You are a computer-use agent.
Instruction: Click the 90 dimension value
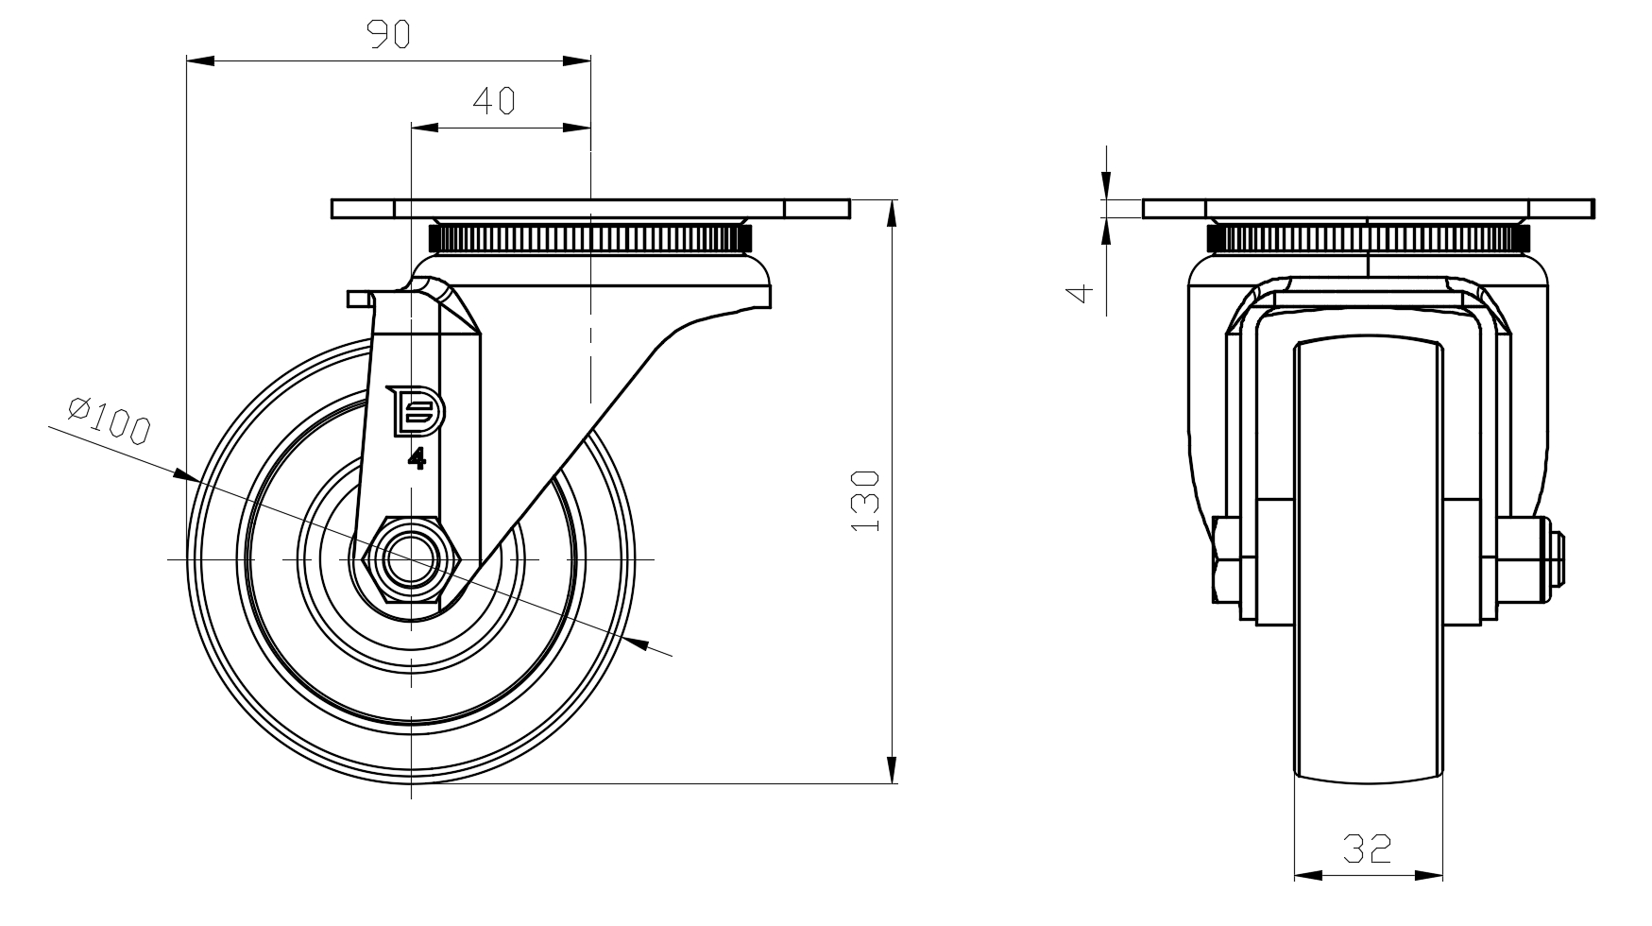pos(387,34)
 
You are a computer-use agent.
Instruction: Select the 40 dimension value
pos(493,100)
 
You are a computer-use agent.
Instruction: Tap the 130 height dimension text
pos(866,500)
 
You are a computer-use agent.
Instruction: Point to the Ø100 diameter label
pos(110,420)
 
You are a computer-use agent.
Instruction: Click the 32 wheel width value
pos(1368,849)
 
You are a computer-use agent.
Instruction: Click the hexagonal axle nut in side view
pos(411,560)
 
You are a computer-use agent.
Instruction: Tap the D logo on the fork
pos(418,411)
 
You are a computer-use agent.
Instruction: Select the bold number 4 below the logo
pos(417,459)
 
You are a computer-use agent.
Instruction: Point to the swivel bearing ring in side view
pos(590,238)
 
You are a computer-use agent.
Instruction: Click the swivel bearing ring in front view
pos(1368,237)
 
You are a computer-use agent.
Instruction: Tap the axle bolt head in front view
pos(1227,559)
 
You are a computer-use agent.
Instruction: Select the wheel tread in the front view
pos(1368,567)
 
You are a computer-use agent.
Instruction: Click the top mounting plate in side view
pos(590,209)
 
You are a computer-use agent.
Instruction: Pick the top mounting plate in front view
pos(1368,209)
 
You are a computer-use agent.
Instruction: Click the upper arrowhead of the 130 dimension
pos(892,213)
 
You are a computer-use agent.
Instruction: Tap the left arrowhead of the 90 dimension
pos(199,61)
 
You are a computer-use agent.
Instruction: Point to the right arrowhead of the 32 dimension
pos(1432,876)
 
